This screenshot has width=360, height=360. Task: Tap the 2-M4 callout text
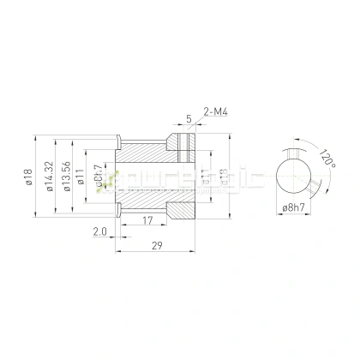coord(216,111)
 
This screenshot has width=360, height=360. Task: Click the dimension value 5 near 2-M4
coord(188,119)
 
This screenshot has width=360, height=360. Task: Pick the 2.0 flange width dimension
coord(99,231)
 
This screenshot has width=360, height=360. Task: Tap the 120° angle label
coord(326,159)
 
